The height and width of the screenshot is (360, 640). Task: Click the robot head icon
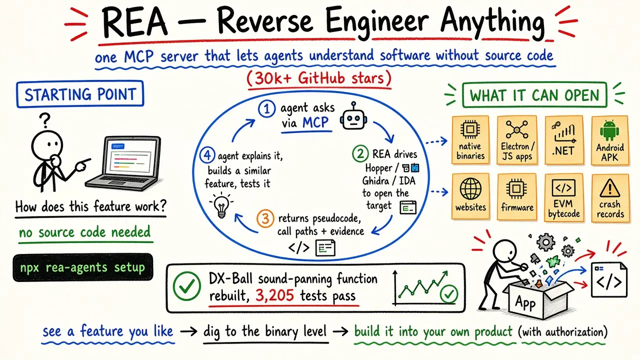click(353, 116)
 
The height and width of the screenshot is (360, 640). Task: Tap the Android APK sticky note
click(610, 140)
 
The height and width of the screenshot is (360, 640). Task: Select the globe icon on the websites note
click(470, 189)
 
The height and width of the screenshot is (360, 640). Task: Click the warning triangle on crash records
click(609, 188)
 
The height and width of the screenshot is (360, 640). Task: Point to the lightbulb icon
click(221, 204)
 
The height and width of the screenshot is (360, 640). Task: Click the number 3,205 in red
click(274, 295)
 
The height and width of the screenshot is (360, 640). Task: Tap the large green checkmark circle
click(186, 286)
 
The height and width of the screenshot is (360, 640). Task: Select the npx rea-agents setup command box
click(83, 267)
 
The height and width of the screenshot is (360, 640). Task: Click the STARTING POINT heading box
click(80, 94)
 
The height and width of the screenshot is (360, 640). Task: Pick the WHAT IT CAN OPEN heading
click(534, 95)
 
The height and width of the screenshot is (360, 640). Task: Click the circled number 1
click(267, 109)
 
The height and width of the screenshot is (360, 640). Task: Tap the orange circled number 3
click(265, 218)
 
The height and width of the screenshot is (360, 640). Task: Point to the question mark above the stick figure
click(45, 120)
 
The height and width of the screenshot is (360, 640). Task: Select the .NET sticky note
click(563, 140)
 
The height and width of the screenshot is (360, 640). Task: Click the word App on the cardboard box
click(525, 302)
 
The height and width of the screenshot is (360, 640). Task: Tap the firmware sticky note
click(517, 196)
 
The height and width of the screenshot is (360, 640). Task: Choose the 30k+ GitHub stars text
click(319, 78)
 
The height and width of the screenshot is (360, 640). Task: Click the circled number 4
click(207, 155)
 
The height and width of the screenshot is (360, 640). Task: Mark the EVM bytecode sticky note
click(563, 197)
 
